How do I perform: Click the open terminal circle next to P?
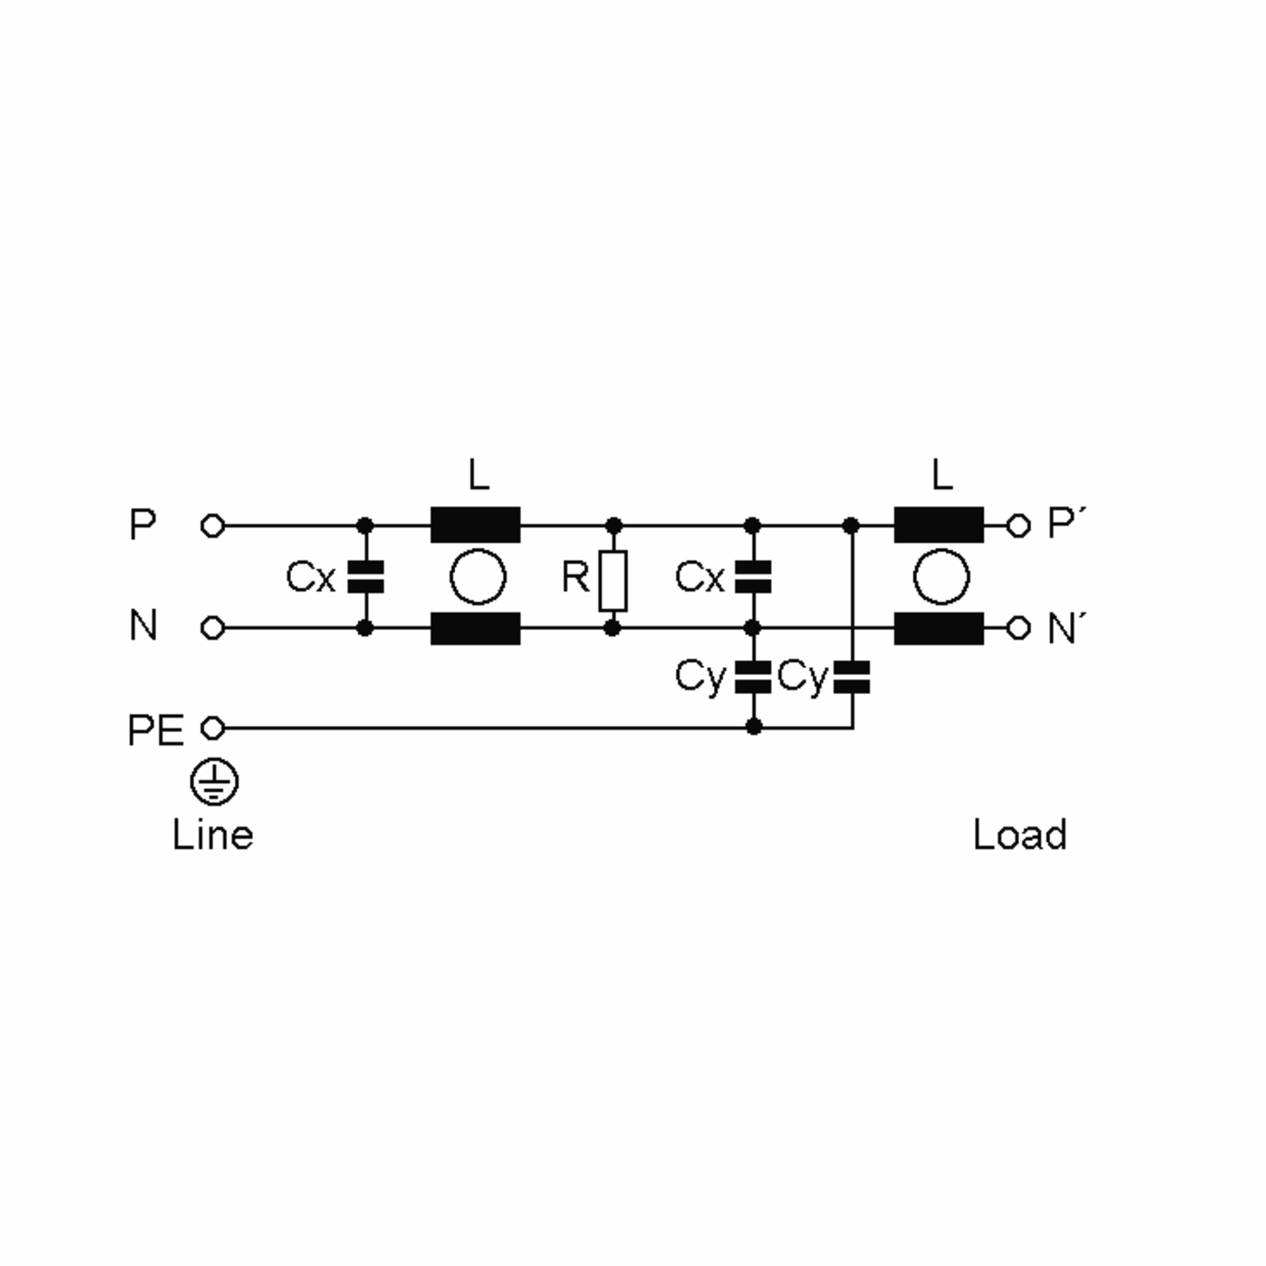point(212,525)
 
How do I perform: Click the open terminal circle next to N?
point(212,628)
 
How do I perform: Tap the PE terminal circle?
point(212,728)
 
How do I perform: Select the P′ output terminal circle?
point(1018,525)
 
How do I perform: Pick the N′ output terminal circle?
point(1018,628)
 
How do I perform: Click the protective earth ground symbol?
point(214,782)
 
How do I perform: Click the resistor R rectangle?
point(612,581)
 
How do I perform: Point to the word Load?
point(1020,836)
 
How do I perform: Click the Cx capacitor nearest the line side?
point(366,577)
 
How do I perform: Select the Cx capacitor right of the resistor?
point(753,577)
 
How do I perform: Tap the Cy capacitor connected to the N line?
point(753,677)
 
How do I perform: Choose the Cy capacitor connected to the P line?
point(852,677)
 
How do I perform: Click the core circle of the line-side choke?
point(478,577)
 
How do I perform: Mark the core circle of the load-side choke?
point(941,577)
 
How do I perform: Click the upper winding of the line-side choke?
point(475,524)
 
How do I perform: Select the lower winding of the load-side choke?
point(938,628)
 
